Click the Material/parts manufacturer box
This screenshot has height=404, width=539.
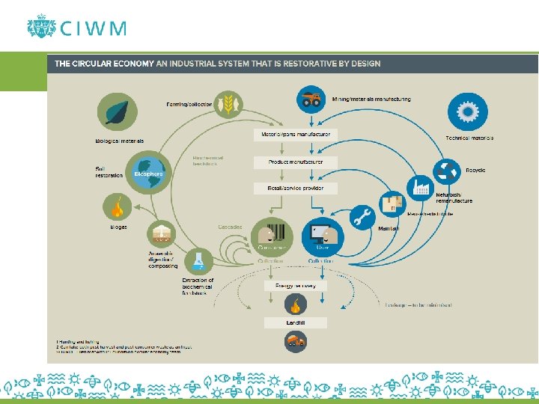pyautogui.click(x=295, y=135)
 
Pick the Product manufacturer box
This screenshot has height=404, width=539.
pyautogui.click(x=295, y=162)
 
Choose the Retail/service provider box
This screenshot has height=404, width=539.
pyautogui.click(x=295, y=189)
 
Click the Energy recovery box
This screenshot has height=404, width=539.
pyautogui.click(x=295, y=286)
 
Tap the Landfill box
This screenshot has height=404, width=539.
pyautogui.click(x=295, y=322)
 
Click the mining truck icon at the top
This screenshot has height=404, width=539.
pyautogui.click(x=310, y=98)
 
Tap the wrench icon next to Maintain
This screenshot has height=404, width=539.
pyautogui.click(x=362, y=217)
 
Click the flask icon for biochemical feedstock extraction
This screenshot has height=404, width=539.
pyautogui.click(x=198, y=260)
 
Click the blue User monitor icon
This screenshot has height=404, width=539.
pyautogui.click(x=322, y=235)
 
